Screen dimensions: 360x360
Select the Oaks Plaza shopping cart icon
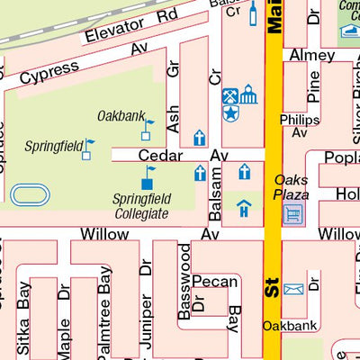(293, 213)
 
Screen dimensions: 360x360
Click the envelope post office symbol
(293, 289)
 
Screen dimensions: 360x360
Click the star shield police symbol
(230, 113)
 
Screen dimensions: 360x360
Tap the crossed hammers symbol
(230, 94)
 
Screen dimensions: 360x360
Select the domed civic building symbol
(248, 94)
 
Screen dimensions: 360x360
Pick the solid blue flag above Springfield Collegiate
(147, 180)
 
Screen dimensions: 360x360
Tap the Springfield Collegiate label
(141, 206)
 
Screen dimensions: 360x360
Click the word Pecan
(214, 282)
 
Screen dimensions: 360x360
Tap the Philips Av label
(300, 126)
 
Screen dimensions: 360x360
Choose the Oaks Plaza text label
(292, 187)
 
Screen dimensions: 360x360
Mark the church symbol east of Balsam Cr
(244, 172)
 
